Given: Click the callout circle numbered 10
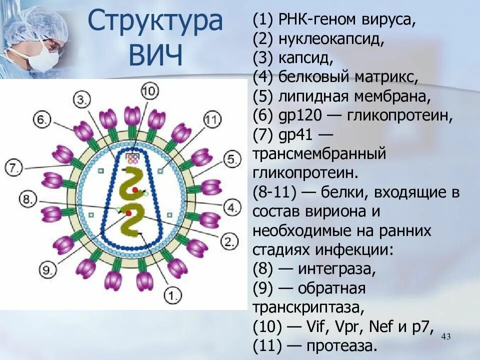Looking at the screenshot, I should (149, 91).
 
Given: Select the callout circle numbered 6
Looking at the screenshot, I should (42, 119).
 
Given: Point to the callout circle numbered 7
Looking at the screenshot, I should (13, 166).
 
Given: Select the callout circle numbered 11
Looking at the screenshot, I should (212, 120).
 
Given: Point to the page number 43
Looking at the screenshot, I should (446, 337).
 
